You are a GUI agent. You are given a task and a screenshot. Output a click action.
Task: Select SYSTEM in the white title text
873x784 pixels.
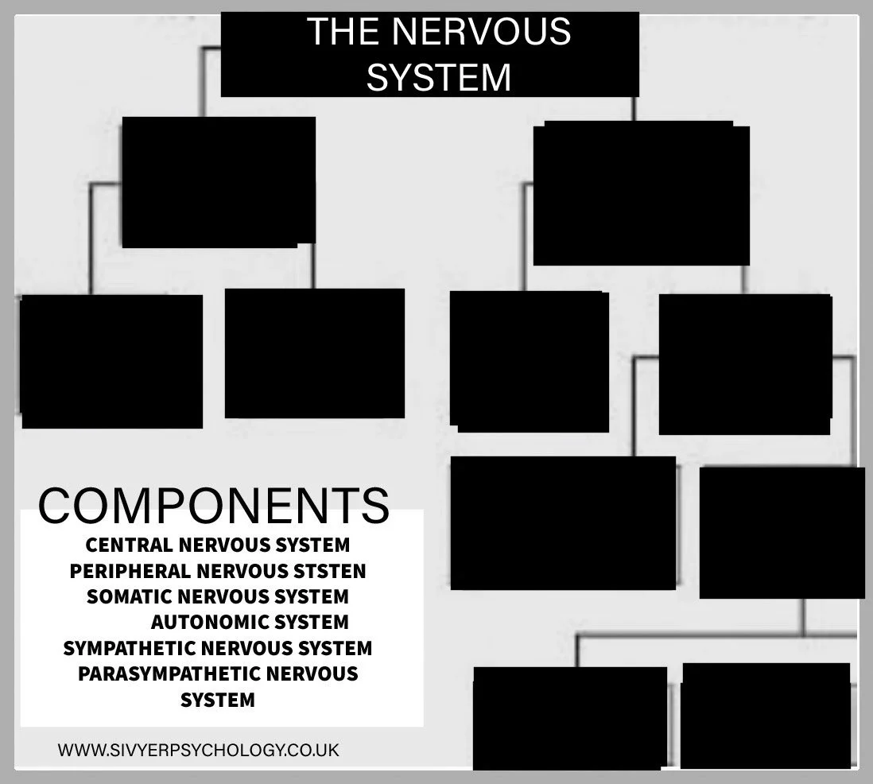point(439,78)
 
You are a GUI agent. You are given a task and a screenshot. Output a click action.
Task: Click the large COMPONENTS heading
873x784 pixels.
point(214,506)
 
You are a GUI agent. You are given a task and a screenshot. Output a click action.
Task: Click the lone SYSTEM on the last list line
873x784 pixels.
point(218,701)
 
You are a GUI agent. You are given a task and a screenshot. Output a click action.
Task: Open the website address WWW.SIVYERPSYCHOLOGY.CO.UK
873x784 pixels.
point(198,750)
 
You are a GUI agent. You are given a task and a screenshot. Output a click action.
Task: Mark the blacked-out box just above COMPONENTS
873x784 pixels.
point(111,361)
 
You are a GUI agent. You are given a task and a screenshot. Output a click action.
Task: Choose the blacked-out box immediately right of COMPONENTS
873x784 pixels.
point(563,522)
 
